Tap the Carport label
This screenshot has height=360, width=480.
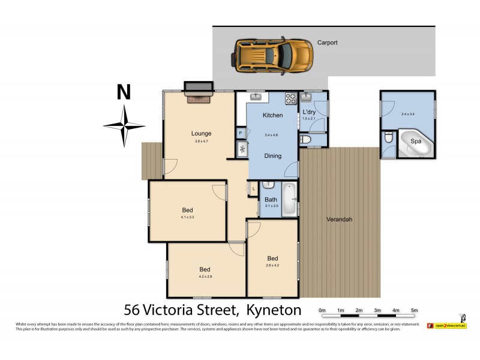coord(327,43)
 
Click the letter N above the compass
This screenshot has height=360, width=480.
coord(124,92)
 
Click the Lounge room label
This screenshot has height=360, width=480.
coord(201,133)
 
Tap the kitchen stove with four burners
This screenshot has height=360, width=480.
coord(290,98)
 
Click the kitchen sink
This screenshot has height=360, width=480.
coord(256,96)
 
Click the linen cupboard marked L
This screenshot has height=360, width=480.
coord(254,188)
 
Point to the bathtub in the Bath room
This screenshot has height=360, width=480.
coord(290,199)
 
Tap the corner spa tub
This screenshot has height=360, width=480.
coord(415,143)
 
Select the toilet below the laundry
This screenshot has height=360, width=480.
coord(305,140)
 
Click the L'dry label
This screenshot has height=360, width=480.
coord(309,112)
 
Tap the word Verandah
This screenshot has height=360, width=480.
coord(340,219)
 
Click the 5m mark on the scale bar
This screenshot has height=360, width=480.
coord(414,310)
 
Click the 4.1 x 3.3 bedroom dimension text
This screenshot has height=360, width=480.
coord(188,217)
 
